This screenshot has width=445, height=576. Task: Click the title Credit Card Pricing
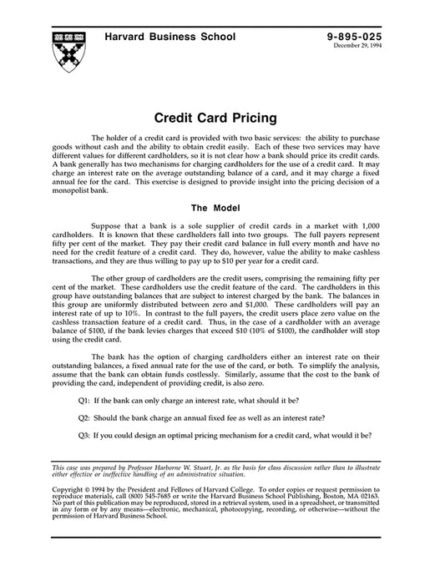tap(222, 119)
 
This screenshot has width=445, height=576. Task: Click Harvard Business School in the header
tap(169, 37)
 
